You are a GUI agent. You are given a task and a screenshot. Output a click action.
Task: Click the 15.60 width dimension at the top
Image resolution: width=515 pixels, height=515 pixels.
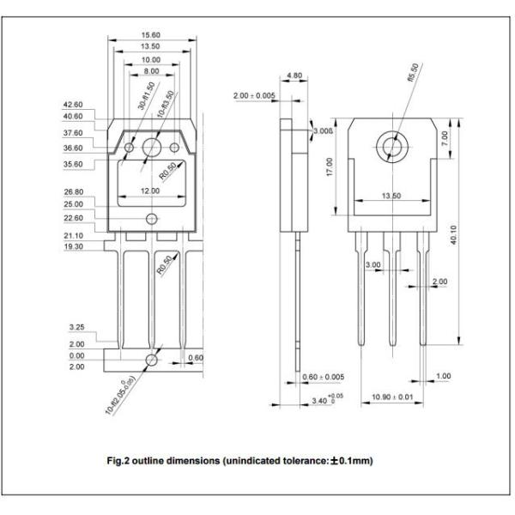point(151,35)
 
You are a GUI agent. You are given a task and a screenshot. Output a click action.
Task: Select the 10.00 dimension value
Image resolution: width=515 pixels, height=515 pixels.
point(151,61)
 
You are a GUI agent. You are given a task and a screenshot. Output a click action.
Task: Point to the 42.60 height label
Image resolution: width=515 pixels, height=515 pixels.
point(73,104)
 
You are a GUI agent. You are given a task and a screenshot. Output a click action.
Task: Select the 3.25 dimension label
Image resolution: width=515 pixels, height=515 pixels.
point(76,328)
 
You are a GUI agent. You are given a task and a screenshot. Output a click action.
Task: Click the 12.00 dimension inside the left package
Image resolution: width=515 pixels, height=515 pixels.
point(151,189)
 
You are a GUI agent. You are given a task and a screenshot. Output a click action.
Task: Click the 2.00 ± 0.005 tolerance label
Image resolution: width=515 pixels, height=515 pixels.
point(254,95)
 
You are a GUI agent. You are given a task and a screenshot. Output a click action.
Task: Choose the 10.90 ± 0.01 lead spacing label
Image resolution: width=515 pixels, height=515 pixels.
point(391,398)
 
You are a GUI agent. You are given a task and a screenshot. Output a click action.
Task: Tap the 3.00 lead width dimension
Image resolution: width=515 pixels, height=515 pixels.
point(373,265)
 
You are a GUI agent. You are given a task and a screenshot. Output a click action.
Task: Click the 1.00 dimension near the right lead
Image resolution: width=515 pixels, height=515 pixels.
point(443,377)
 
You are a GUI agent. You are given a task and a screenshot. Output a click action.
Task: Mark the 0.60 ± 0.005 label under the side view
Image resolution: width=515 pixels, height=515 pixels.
point(324,377)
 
